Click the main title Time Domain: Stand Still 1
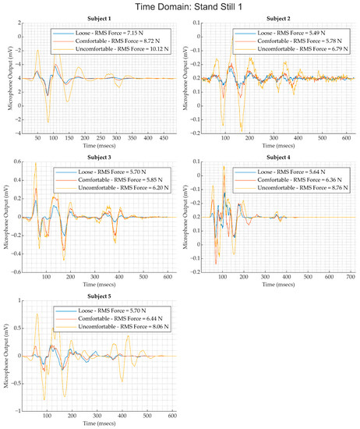(x=180, y=7)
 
